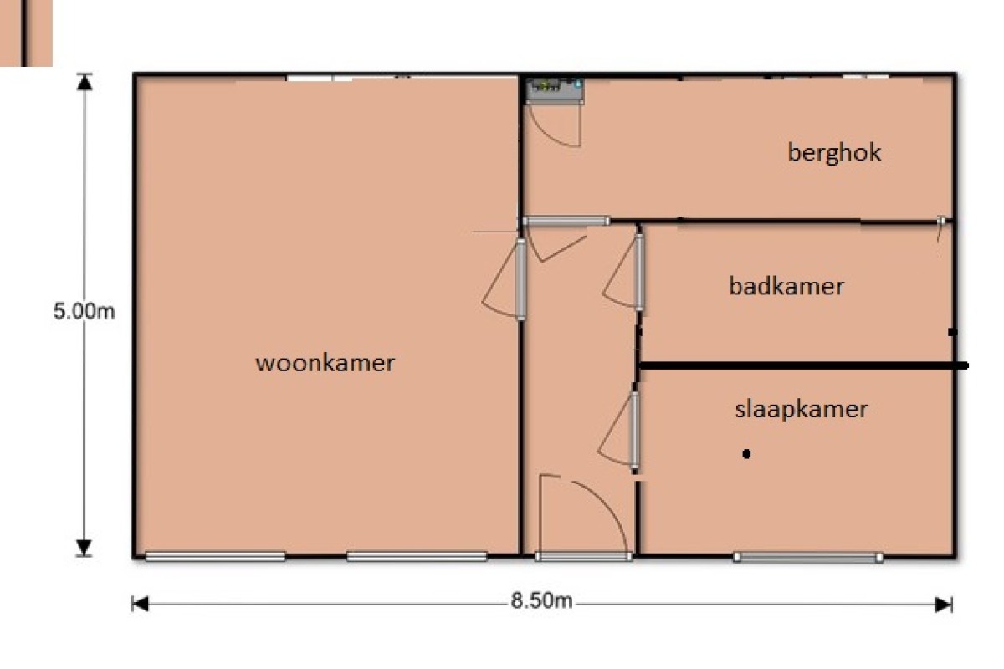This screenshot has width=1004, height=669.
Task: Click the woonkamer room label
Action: click(x=325, y=363)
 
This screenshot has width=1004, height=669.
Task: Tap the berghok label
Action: click(x=834, y=153)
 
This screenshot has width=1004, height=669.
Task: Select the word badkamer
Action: click(x=786, y=286)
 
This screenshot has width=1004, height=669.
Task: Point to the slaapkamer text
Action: click(x=802, y=410)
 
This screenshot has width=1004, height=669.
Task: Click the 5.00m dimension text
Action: click(x=84, y=311)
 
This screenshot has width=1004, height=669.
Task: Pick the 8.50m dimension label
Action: click(x=541, y=601)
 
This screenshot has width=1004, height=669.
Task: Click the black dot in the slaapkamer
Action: click(x=746, y=454)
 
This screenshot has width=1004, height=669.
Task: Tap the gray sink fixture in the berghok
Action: click(x=555, y=91)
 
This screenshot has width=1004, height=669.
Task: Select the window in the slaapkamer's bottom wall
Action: click(x=808, y=558)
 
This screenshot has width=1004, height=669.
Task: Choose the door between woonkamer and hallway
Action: click(x=520, y=279)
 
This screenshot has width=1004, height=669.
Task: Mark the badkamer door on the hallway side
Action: click(x=639, y=272)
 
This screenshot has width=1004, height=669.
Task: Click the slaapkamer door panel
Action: click(x=634, y=430)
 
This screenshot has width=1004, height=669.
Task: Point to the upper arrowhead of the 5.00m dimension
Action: click(x=84, y=82)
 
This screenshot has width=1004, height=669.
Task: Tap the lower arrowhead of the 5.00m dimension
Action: click(x=84, y=548)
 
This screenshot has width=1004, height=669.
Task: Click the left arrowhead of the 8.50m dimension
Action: click(x=140, y=604)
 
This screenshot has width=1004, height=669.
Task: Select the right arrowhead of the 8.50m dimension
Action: click(x=944, y=605)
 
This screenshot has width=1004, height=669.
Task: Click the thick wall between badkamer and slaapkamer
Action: click(x=802, y=366)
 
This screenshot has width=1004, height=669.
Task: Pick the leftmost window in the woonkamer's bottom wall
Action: click(x=215, y=557)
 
